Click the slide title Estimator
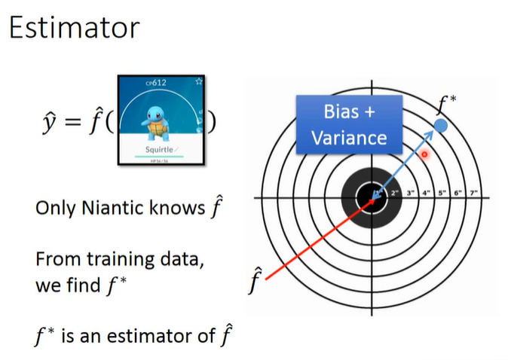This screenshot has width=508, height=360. click(74, 28)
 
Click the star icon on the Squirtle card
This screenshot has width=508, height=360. click(198, 81)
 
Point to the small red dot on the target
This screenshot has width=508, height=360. click(424, 154)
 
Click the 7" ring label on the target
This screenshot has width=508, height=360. click(475, 193)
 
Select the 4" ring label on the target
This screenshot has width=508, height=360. click(427, 193)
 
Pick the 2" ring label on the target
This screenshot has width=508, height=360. click(395, 193)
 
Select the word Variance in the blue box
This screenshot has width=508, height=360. click(349, 138)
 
